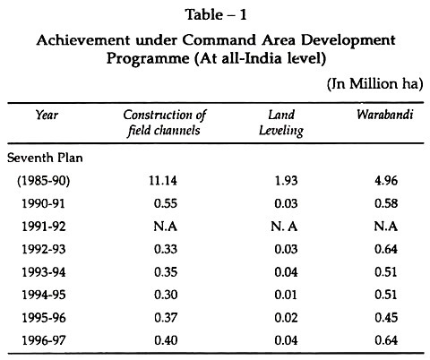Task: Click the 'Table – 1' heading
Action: pos(216,14)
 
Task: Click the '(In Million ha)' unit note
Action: pos(374,84)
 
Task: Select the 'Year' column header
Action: pos(47,115)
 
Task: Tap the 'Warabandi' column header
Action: pos(385,115)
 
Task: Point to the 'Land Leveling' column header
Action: pos(281,123)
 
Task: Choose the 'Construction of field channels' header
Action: pos(165,123)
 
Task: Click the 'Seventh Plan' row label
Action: pos(45,158)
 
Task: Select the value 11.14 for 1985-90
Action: pos(163,181)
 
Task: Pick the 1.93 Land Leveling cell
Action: pos(286,181)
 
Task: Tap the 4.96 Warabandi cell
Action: pos(386,181)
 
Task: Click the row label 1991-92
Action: pos(44,227)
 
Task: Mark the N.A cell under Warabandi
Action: pos(386,227)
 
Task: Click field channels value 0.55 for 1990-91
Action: pos(166,203)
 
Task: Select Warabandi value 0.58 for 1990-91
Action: pos(386,203)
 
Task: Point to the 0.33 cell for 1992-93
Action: pos(166,249)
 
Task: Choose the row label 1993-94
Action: pos(44,272)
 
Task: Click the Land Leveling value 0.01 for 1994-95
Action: pos(286,295)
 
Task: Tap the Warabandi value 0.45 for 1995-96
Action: pos(386,318)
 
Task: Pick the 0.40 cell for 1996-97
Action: pos(166,340)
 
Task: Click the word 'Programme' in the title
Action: pos(148,58)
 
